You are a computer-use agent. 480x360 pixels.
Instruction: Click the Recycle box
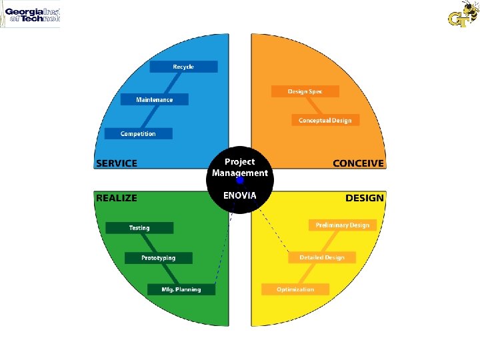(183, 67)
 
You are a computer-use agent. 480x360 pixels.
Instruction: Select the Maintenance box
(155, 99)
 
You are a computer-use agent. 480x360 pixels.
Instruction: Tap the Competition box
(138, 133)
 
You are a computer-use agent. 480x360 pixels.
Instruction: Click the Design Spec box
(305, 91)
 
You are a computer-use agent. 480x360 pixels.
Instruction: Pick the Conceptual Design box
(325, 120)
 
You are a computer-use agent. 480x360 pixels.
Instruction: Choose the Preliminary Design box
(342, 225)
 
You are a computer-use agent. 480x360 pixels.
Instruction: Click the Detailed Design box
(321, 257)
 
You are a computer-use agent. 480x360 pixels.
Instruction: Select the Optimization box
(295, 289)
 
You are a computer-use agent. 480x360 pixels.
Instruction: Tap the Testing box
(139, 228)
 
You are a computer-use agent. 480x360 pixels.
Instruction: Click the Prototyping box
(158, 258)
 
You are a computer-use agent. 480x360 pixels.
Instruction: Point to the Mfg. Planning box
(181, 289)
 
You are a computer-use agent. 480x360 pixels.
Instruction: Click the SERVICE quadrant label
(117, 163)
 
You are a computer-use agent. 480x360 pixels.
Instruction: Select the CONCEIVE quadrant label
(358, 163)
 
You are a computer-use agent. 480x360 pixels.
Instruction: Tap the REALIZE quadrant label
(117, 198)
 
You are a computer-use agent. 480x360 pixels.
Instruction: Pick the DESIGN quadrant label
(364, 198)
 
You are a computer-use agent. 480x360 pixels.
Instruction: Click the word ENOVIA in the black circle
(239, 195)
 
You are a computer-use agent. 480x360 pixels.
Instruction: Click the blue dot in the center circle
(240, 180)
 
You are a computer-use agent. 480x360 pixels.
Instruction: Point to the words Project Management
(239, 167)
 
